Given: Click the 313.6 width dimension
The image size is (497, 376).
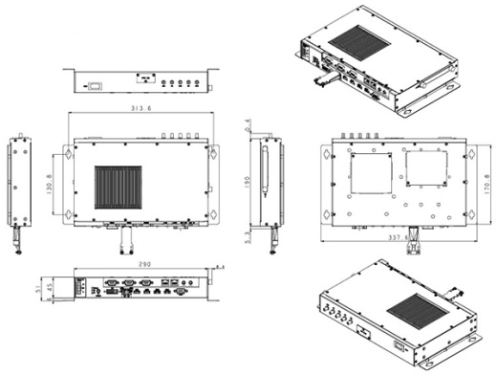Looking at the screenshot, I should click(x=141, y=107).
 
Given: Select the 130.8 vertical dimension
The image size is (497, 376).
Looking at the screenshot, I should click(x=51, y=181).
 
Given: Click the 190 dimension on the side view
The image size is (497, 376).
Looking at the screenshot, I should click(x=247, y=182).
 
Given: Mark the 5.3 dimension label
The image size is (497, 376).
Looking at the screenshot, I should click(x=247, y=232).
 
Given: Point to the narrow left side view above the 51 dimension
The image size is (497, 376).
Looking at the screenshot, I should click(x=20, y=182).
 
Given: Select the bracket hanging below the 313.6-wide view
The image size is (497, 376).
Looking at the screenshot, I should click(x=125, y=238).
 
